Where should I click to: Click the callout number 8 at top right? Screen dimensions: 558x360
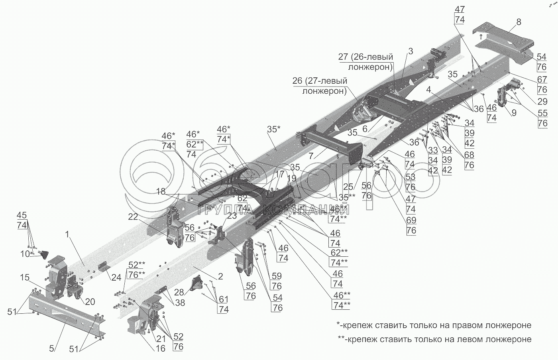click(519, 22)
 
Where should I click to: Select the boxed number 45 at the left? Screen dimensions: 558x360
click(22, 216)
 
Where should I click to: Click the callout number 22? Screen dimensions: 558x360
click(133, 216)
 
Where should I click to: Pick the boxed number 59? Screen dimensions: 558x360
click(277, 275)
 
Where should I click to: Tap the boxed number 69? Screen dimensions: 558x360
click(411, 220)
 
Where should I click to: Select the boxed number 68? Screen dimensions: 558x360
click(469, 155)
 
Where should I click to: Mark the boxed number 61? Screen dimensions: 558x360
click(224, 299)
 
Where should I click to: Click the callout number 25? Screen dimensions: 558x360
click(348, 187)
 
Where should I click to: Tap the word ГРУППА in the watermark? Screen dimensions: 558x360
click(225, 210)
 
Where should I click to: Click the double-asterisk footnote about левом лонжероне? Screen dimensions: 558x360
click(434, 339)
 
